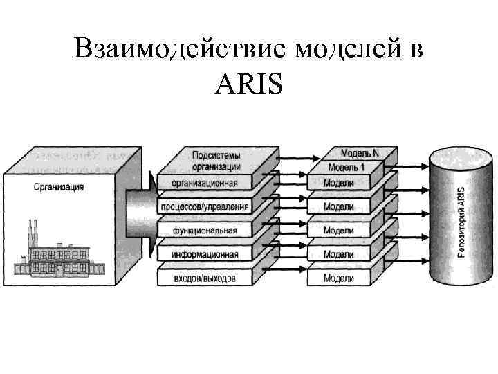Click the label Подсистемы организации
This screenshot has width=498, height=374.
click(x=216, y=161)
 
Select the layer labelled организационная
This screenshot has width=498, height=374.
click(x=205, y=184)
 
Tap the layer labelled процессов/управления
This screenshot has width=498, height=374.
click(x=205, y=207)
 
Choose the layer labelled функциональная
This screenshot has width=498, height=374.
click(x=205, y=231)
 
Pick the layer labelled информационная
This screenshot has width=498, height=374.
click(x=205, y=254)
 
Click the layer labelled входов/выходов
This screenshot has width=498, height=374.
click(x=205, y=278)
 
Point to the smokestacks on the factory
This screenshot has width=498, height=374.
click(x=32, y=232)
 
